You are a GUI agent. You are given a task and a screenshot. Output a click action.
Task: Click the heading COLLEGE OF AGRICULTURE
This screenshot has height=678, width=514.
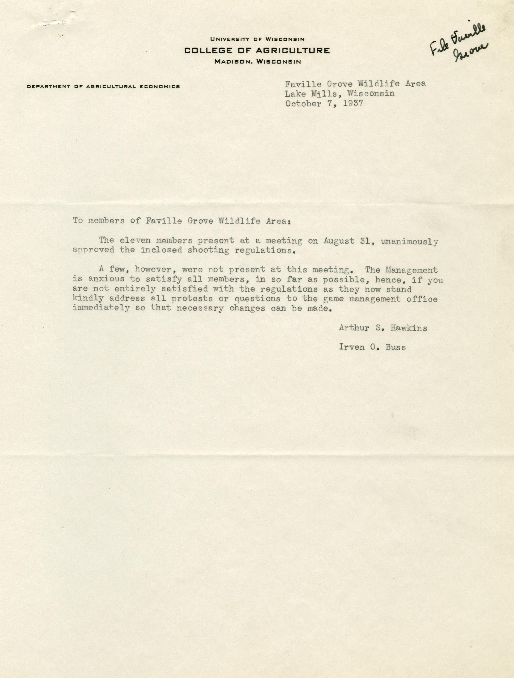(257, 51)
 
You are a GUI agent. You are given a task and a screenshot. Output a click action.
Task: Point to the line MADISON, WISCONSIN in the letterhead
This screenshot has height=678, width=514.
(258, 62)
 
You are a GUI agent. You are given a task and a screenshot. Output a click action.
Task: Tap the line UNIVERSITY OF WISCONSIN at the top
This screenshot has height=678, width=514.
(257, 39)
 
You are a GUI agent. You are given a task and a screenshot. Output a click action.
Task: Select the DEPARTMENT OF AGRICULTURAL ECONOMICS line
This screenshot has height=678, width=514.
(103, 87)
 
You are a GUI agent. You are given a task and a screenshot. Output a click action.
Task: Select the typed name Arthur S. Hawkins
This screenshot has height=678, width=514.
(383, 328)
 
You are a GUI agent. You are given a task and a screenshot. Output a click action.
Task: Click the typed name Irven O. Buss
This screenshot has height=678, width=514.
(372, 347)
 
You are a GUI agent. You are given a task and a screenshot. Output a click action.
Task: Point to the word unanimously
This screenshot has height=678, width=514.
(409, 242)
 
